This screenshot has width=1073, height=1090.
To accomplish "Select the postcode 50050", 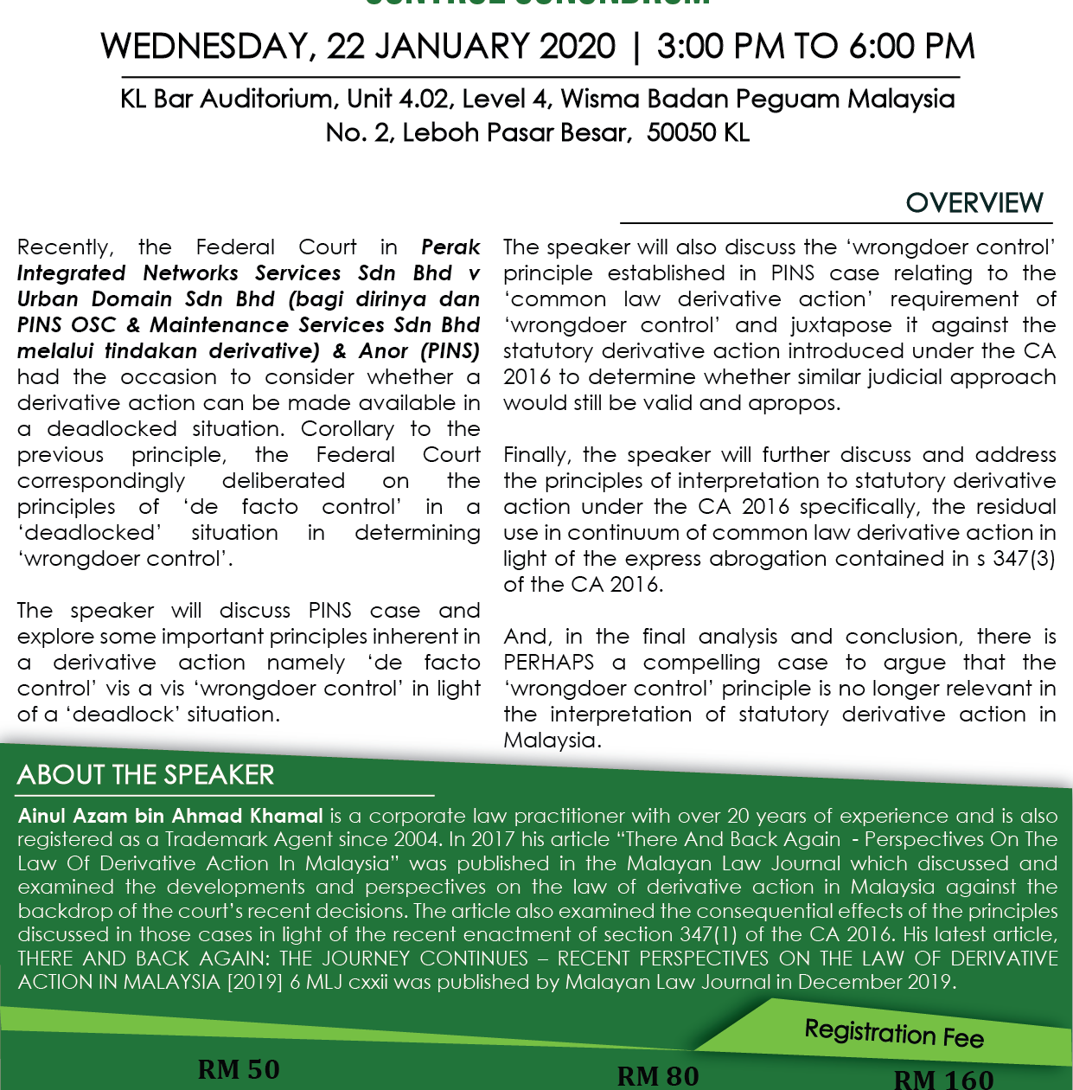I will point(682,132).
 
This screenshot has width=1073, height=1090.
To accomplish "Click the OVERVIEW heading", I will point(974,202).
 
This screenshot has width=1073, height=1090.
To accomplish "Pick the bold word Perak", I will point(450,247).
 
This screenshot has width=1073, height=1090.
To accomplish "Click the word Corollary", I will point(347,429).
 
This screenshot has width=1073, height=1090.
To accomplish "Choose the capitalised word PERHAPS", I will point(548,663).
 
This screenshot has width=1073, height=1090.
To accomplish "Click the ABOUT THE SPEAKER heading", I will point(145,775).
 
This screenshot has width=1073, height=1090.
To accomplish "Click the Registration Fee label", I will point(894,1033).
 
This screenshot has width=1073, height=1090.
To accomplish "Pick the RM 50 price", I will point(239,1069).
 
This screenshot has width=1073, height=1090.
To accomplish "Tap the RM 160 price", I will point(943,1079).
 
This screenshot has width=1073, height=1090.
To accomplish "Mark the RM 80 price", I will point(657,1075).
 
